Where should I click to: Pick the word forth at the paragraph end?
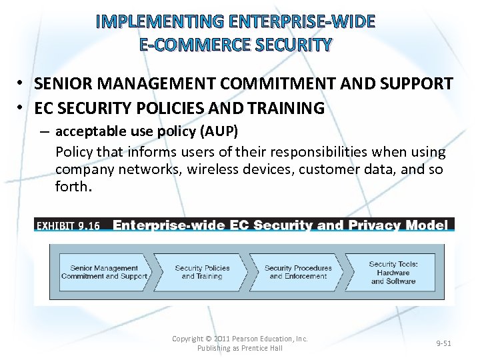(71, 187)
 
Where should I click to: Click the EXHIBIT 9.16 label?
(67, 225)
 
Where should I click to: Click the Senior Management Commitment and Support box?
(104, 272)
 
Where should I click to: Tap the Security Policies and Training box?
(202, 272)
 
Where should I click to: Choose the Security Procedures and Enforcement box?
(296, 272)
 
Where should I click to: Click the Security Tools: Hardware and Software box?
(393, 272)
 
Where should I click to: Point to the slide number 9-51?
(443, 343)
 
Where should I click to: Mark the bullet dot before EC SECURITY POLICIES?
(21, 107)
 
